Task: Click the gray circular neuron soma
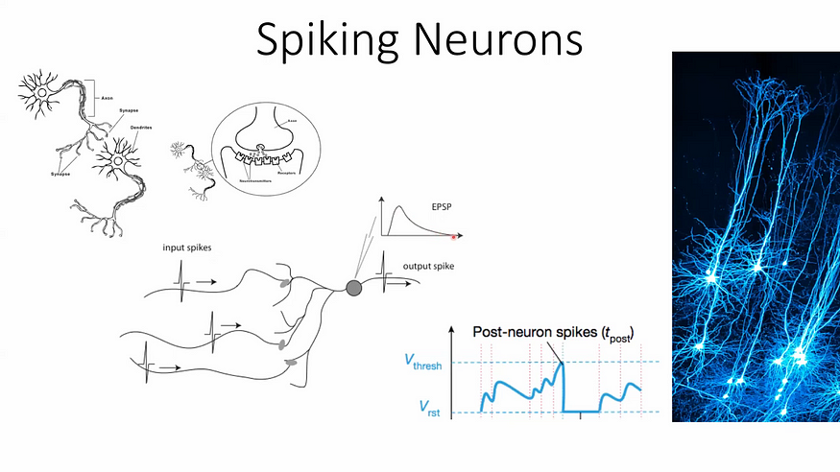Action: pos(353,287)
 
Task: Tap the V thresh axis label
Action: pos(420,363)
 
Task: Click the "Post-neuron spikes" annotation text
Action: pos(553,332)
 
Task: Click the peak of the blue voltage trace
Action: pos(561,362)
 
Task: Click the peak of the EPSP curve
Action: pos(402,207)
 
